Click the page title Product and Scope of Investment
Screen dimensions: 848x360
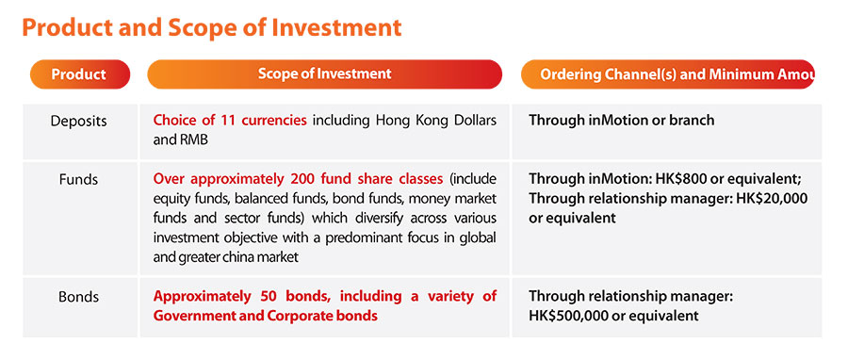point(211,28)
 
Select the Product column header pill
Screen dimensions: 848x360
point(80,74)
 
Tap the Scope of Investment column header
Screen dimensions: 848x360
point(324,74)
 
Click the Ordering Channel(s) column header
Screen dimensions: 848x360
point(668,74)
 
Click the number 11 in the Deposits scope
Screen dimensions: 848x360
point(229,120)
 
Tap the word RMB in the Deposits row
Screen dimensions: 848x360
point(196,140)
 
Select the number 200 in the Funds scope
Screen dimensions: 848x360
point(302,178)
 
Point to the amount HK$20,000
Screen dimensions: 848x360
point(772,199)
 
